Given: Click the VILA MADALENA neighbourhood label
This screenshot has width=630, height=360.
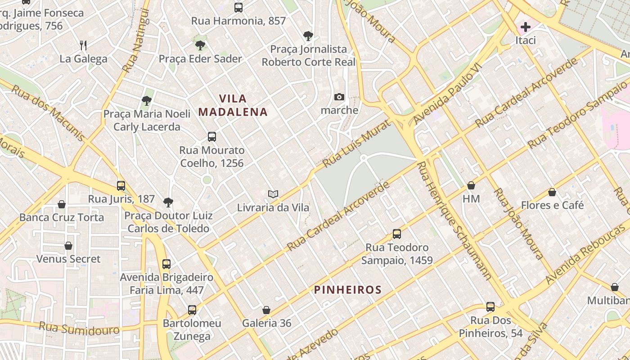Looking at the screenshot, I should click(x=233, y=105).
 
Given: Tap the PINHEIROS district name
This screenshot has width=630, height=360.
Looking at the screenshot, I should click(x=348, y=290).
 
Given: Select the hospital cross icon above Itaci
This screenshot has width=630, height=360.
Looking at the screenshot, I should click(x=525, y=27).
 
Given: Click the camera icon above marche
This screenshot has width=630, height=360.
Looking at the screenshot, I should click(x=339, y=97).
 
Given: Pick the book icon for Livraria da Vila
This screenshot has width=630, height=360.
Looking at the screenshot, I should click(x=273, y=194).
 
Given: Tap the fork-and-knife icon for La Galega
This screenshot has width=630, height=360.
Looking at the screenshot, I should click(x=83, y=45).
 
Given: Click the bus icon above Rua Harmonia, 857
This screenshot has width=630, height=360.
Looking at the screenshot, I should click(x=238, y=7).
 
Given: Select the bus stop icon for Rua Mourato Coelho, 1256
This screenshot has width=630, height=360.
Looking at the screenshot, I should click(x=212, y=137).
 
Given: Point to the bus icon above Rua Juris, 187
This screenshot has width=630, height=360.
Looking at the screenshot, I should click(x=121, y=185).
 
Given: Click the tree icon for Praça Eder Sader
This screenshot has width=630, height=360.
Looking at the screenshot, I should click(x=200, y=45).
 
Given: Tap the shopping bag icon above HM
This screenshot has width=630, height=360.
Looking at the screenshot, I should click(x=471, y=185).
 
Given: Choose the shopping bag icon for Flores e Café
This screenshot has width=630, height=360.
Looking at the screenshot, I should click(x=552, y=192).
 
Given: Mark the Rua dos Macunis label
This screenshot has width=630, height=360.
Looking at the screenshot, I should click(x=48, y=112).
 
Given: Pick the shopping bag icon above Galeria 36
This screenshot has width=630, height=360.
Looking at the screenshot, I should click(x=266, y=310).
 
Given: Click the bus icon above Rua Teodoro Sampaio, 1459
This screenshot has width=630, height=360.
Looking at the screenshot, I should click(x=396, y=234).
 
